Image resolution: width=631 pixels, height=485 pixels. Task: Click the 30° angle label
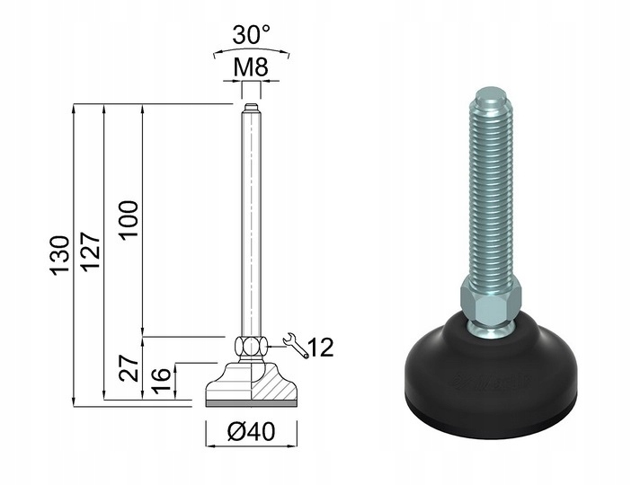[251, 34]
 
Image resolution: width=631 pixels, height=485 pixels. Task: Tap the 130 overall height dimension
[60, 255]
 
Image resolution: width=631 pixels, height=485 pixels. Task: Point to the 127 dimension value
[90, 251]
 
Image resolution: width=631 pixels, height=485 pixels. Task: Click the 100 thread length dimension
[129, 220]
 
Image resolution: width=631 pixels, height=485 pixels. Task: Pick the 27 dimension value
[129, 368]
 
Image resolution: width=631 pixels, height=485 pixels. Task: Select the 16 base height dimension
[161, 381]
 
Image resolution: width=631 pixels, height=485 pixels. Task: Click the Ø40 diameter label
[252, 432]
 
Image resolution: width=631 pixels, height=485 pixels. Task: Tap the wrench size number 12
[320, 348]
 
